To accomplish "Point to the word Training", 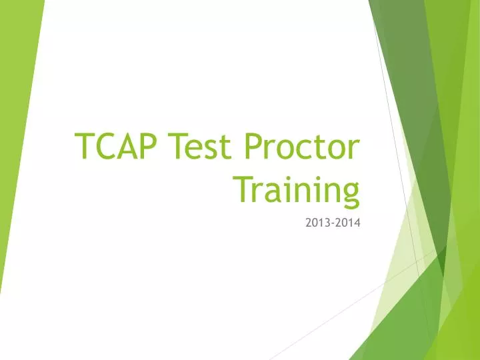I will tap(297, 189).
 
